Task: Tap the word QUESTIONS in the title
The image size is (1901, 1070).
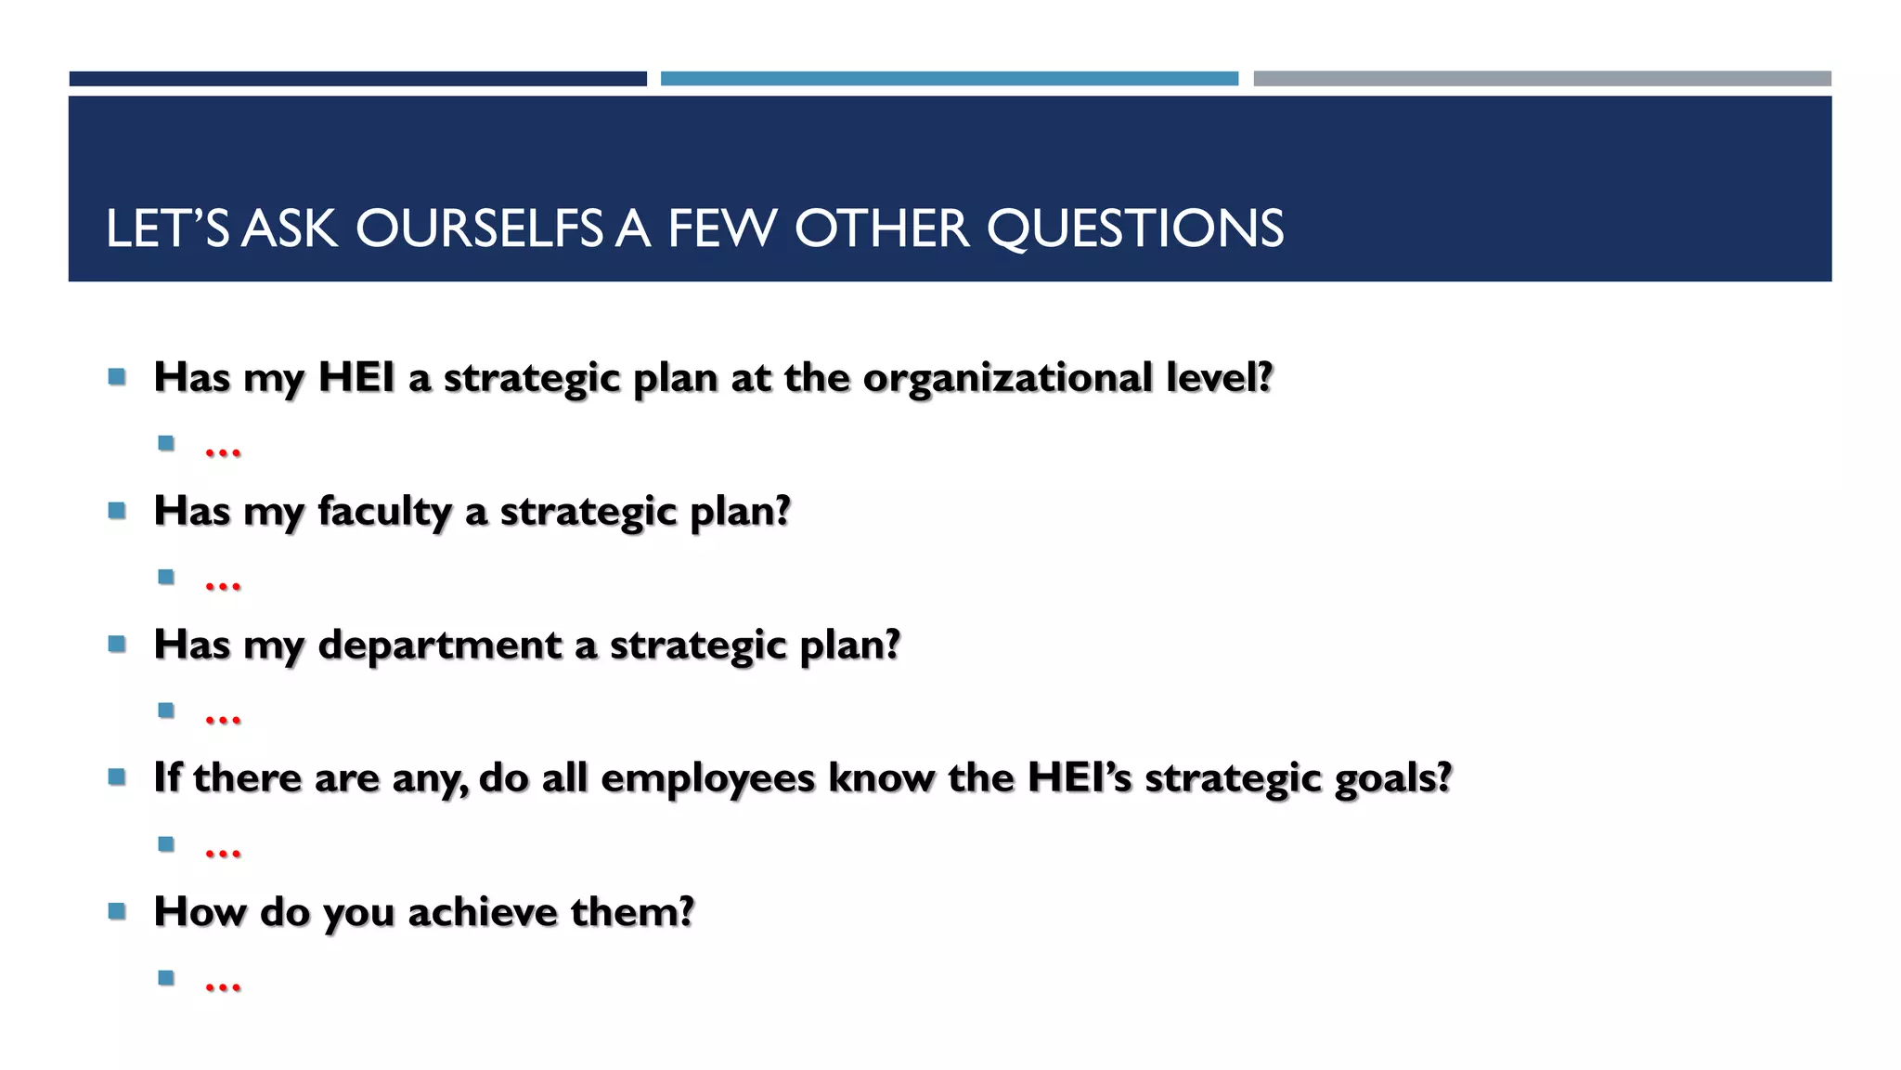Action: click(x=1134, y=228)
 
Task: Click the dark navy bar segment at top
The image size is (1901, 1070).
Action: click(x=357, y=79)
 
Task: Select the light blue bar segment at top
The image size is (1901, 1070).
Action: click(x=949, y=79)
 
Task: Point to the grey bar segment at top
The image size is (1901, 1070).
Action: click(x=1542, y=79)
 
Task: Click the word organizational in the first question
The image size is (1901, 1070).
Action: click(x=1007, y=378)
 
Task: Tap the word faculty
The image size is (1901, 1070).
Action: click(x=384, y=512)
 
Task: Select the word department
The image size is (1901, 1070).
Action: click(x=440, y=646)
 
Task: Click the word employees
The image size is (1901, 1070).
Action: click(x=707, y=778)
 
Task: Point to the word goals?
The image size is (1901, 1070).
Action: click(x=1392, y=778)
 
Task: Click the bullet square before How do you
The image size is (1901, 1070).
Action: click(x=117, y=911)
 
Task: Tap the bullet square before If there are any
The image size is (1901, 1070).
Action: click(x=117, y=777)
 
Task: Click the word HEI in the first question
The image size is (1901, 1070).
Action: click(x=356, y=378)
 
